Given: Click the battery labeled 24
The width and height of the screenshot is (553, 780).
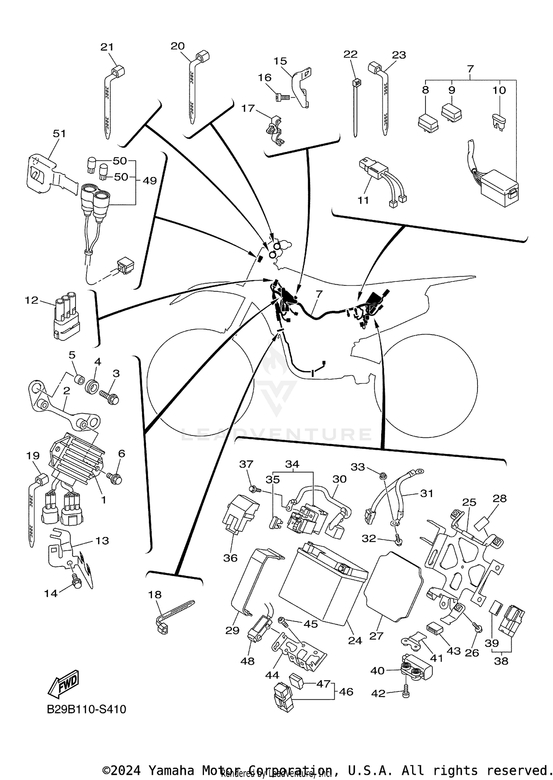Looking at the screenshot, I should pyautogui.click(x=323, y=583).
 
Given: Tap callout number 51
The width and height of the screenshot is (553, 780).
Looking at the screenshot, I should pyautogui.click(x=59, y=133).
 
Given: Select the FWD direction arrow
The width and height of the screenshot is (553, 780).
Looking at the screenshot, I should pyautogui.click(x=63, y=683).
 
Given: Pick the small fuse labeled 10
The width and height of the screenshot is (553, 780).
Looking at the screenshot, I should pyautogui.click(x=499, y=121).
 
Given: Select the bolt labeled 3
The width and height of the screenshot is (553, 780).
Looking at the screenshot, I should pyautogui.click(x=109, y=397).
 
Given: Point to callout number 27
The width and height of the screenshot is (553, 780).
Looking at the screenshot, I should pyautogui.click(x=376, y=635).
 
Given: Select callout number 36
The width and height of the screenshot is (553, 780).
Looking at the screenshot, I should pyautogui.click(x=230, y=558).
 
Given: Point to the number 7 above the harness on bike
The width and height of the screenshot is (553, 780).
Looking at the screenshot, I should pyautogui.click(x=319, y=294).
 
